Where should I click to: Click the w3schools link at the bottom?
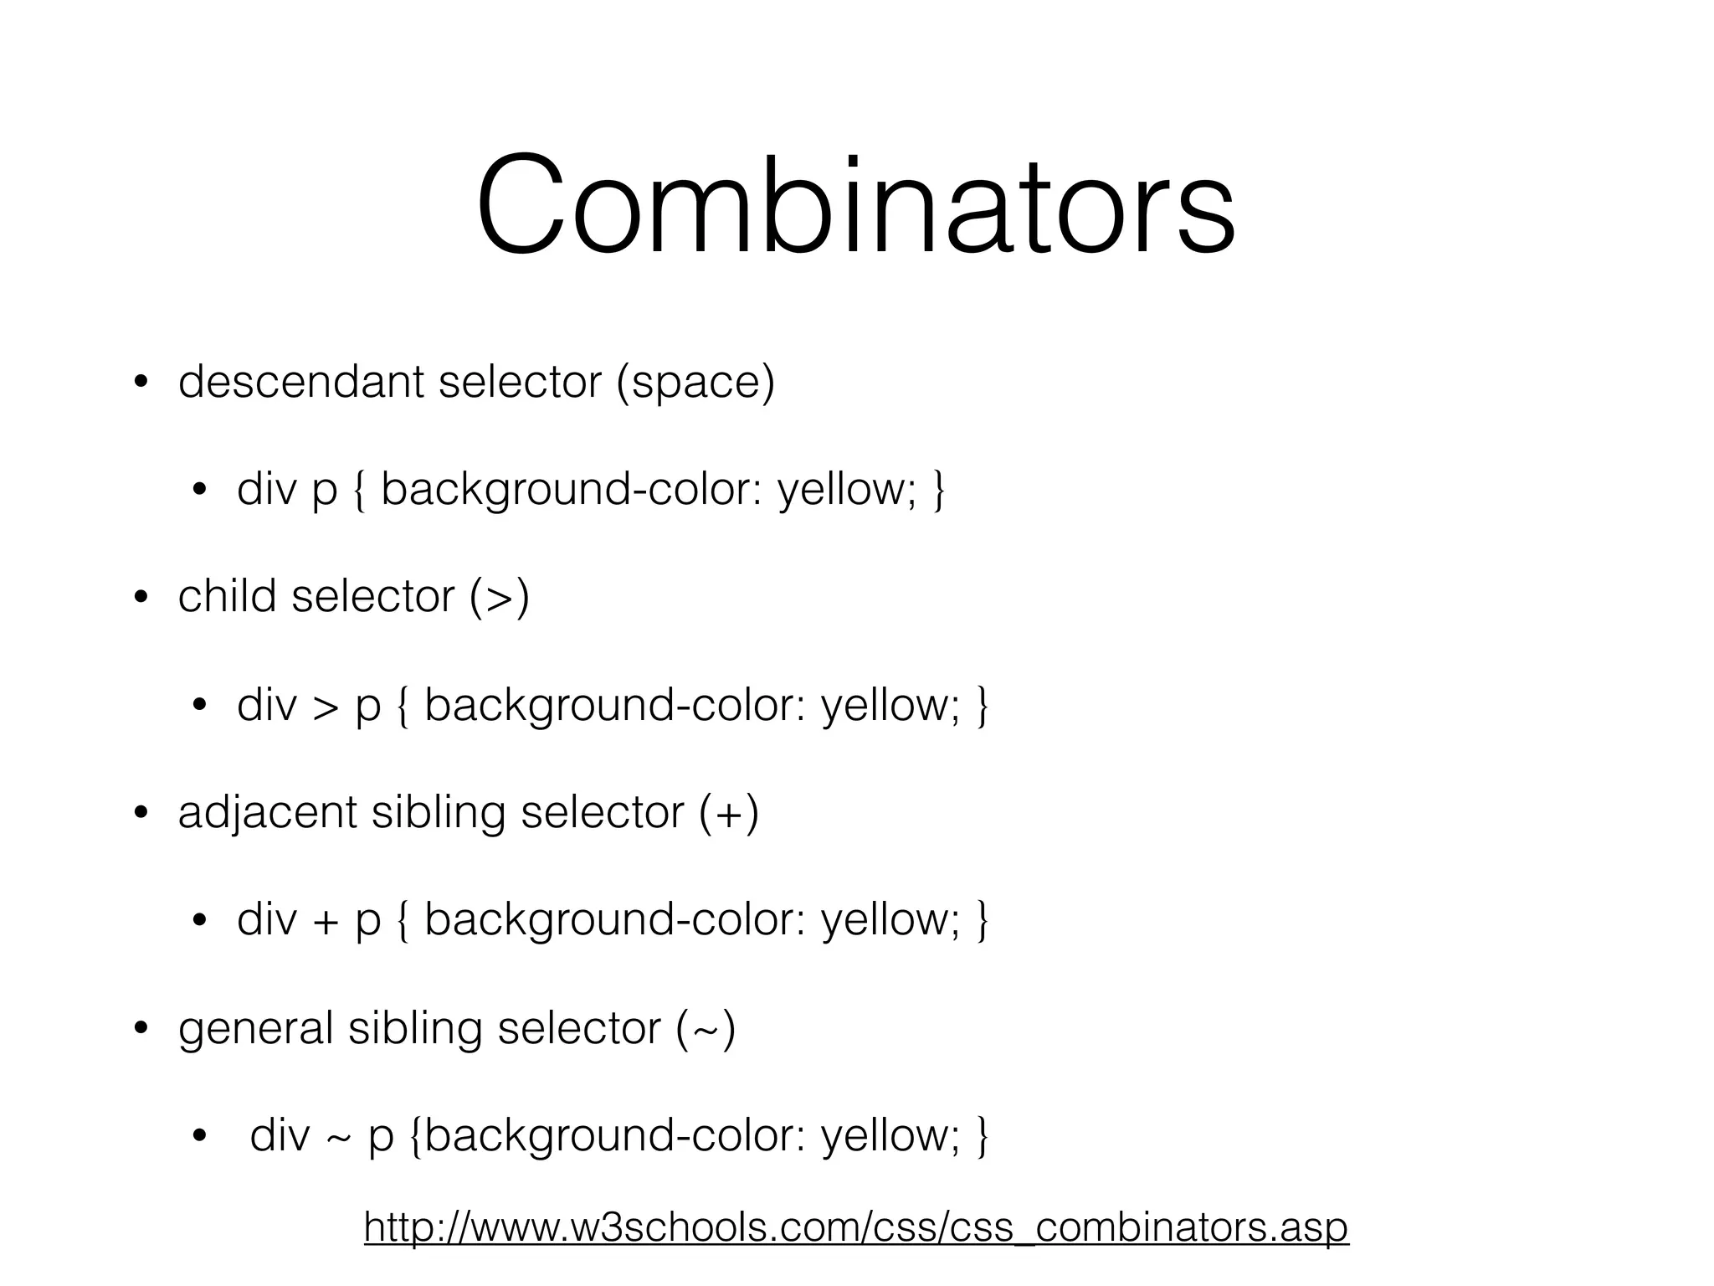pos(856,1228)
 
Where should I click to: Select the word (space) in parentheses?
pos(695,383)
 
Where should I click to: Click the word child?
pos(227,596)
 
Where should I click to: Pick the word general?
pos(255,1029)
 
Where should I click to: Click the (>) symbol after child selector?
pos(500,598)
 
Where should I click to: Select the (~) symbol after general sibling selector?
pos(706,1029)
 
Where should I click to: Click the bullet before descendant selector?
pos(141,383)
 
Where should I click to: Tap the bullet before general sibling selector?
pos(141,1029)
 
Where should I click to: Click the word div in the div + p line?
pos(267,920)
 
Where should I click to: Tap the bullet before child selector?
pos(141,598)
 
